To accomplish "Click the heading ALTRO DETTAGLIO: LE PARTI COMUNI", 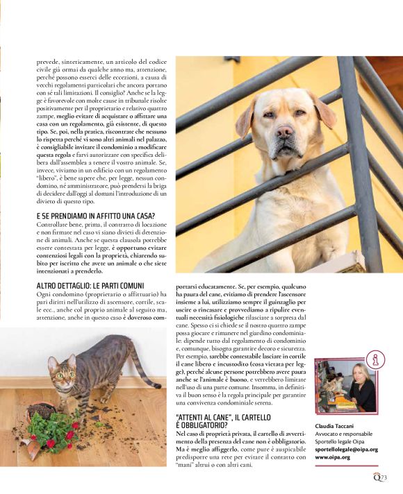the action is pyautogui.click(x=90, y=285).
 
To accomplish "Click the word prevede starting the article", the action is pyautogui.click(x=49, y=61).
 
